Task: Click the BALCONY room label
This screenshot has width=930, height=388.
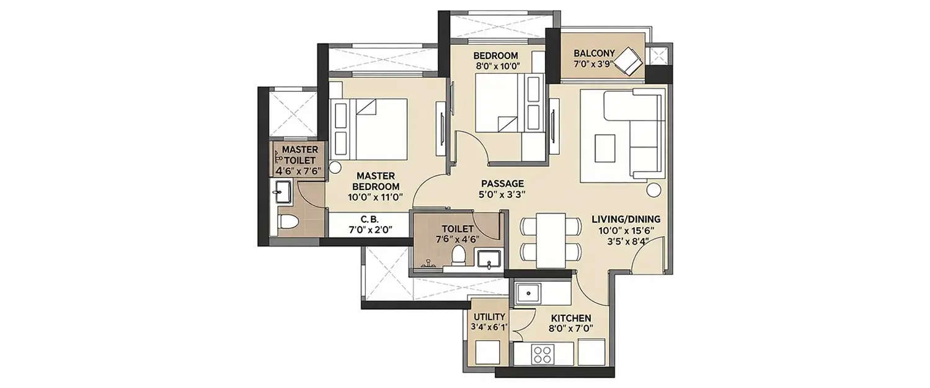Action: coord(594,53)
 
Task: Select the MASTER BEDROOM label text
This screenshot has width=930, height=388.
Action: coord(376,181)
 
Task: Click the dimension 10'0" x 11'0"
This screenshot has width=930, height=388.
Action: coord(376,197)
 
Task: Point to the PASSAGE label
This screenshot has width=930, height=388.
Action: coord(503,184)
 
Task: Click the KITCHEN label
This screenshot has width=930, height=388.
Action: coord(569,318)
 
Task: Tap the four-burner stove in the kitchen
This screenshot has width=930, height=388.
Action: coord(542,354)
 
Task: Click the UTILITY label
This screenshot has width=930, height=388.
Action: coord(490,317)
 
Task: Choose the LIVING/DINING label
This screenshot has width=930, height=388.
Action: coord(626,219)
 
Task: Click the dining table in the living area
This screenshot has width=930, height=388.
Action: coord(551,240)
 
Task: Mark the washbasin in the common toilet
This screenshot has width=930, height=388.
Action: coord(491,259)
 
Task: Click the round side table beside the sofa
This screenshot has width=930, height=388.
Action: coord(653,189)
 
